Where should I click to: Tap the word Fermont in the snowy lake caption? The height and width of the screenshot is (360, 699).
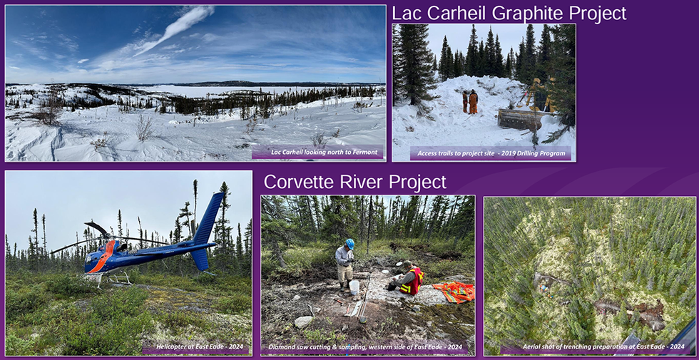click(365, 153)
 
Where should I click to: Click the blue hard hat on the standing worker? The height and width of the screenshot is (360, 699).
click(350, 244)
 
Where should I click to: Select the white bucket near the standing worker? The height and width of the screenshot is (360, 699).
click(354, 287)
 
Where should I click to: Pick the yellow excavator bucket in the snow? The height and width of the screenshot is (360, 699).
click(519, 119)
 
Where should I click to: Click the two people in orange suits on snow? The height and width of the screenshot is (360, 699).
click(470, 101)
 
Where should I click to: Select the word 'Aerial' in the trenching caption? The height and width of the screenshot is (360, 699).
click(532, 346)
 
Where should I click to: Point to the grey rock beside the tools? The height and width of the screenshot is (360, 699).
click(304, 322)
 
